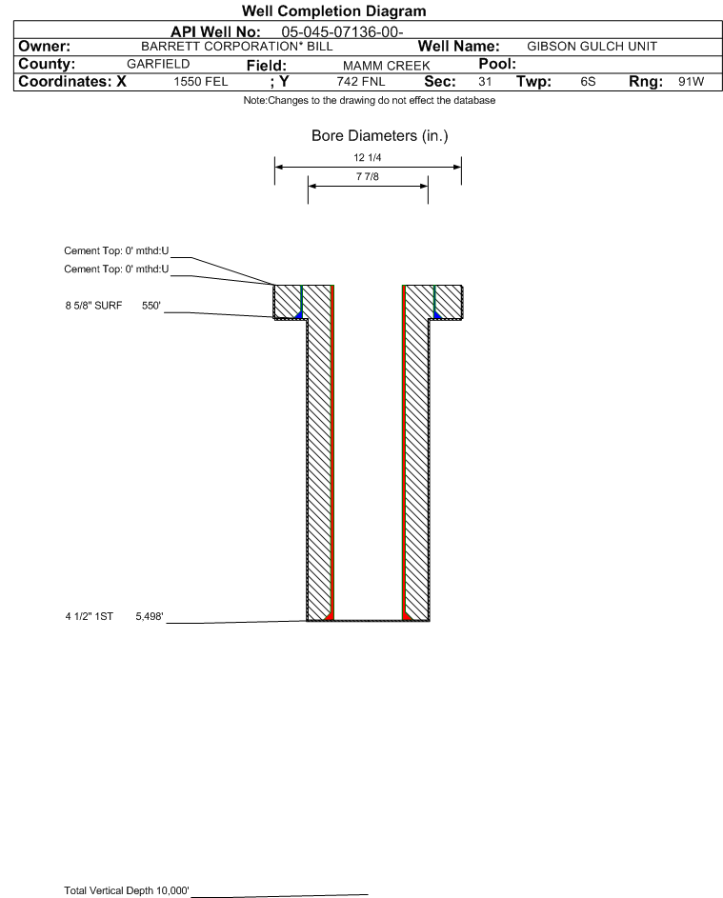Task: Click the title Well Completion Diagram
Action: [334, 10]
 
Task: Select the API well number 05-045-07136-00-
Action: [342, 32]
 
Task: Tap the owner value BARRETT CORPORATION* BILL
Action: [237, 47]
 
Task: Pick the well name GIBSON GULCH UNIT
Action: [592, 47]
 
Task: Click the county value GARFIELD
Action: [158, 64]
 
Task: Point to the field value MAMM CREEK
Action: [386, 66]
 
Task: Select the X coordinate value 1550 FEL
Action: [200, 82]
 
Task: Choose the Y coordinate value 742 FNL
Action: [361, 82]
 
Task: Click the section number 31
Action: [485, 82]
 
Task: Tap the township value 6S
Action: [588, 82]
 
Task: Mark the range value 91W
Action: [691, 82]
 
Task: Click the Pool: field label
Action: [497, 64]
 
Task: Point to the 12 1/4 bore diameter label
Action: [368, 157]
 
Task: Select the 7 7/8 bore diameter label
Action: [368, 176]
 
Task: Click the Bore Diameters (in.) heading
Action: [379, 136]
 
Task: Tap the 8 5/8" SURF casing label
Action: [93, 306]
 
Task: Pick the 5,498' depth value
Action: [150, 616]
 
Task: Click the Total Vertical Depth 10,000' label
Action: [127, 890]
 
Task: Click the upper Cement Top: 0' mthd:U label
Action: [116, 250]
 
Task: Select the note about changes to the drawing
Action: [369, 100]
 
